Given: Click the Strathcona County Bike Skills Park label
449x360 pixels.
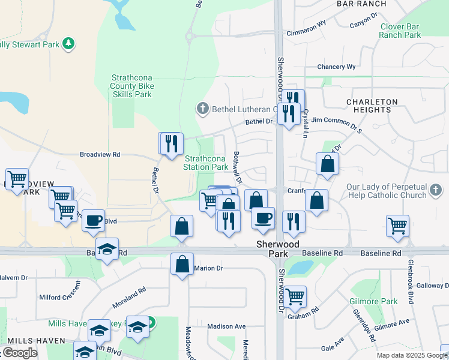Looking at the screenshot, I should click(133, 86).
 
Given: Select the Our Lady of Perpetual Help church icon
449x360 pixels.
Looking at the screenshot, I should click(436, 191).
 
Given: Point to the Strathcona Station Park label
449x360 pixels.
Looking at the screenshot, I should click(205, 163).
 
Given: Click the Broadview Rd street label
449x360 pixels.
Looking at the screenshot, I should click(100, 154).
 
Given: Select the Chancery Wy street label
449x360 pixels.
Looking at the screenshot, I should click(336, 67).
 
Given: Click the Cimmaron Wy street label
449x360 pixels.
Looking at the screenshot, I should click(306, 33).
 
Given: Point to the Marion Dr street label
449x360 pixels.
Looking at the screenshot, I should click(208, 268).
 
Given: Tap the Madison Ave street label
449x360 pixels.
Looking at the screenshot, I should click(226, 326).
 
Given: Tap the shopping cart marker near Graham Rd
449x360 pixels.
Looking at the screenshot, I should click(294, 295).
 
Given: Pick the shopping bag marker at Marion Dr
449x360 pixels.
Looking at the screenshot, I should click(182, 263).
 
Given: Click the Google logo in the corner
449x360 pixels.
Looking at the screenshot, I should click(19, 353).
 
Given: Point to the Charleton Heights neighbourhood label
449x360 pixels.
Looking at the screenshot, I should click(372, 106).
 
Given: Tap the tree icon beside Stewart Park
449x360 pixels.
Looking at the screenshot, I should click(69, 43).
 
